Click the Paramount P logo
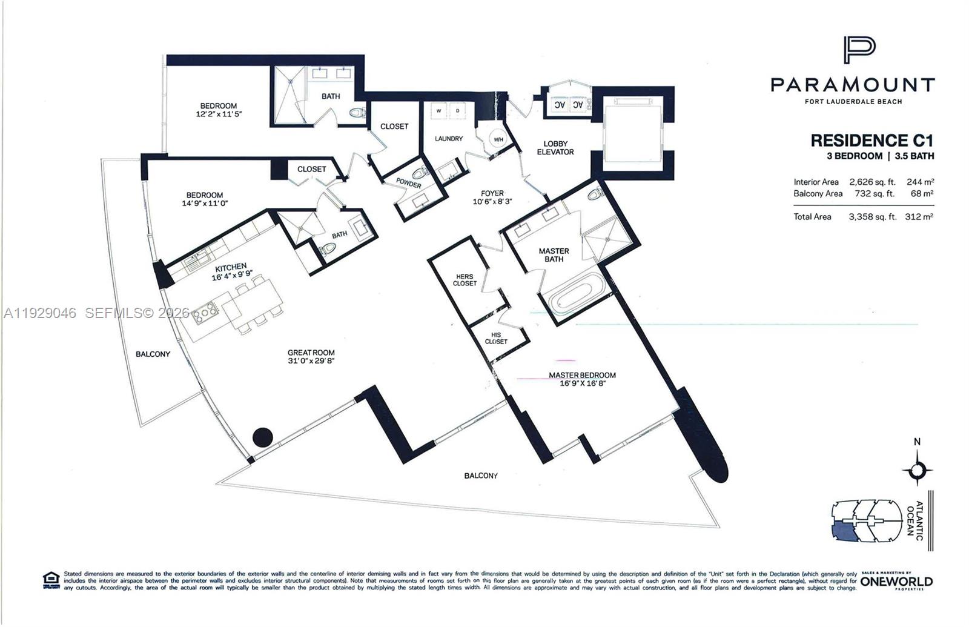click(x=859, y=50)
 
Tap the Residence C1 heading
click(x=871, y=141)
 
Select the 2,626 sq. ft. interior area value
click(x=872, y=182)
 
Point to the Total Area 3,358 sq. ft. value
click(x=872, y=216)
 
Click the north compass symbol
click(x=917, y=469)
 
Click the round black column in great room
click(x=262, y=437)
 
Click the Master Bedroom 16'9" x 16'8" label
click(x=582, y=379)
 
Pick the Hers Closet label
click(x=465, y=280)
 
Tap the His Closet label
click(x=496, y=338)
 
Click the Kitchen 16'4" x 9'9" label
click(x=231, y=272)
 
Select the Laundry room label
click(x=449, y=139)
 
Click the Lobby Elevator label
click(x=555, y=148)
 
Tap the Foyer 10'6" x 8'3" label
click(x=492, y=197)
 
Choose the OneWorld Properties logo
click(x=896, y=580)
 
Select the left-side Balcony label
click(x=153, y=354)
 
